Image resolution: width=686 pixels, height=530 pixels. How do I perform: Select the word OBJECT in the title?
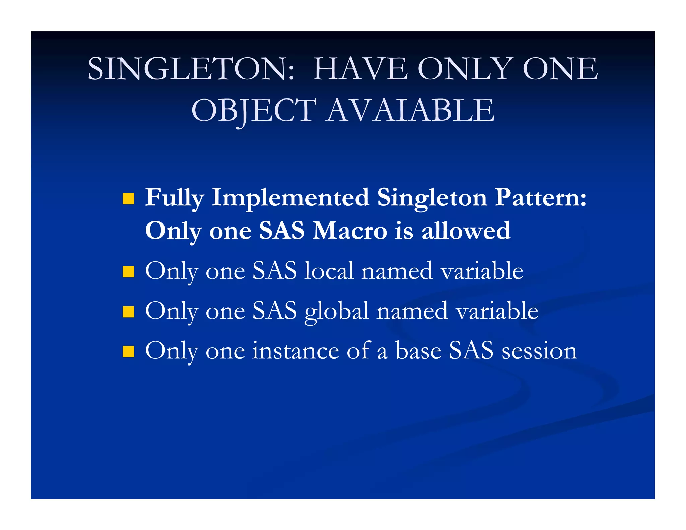click(x=254, y=111)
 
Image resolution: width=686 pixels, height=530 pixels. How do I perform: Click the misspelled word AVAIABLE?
click(x=410, y=111)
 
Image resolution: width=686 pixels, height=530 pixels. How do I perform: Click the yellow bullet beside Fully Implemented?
click(x=128, y=198)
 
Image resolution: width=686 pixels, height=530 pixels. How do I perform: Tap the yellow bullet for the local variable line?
click(x=128, y=272)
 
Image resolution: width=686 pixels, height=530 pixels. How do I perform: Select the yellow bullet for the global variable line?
click(x=128, y=312)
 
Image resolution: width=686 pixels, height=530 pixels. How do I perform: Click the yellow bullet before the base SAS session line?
click(x=128, y=352)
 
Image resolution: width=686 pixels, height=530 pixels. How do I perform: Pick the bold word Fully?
click(x=174, y=198)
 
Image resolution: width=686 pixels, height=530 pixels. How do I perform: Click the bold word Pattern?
click(x=541, y=198)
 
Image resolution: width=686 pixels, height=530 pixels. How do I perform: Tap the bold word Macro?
click(x=349, y=231)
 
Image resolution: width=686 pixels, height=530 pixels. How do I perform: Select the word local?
click(x=329, y=271)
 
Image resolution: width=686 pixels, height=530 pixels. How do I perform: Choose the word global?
click(x=337, y=311)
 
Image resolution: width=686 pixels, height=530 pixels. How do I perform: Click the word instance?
click(x=295, y=351)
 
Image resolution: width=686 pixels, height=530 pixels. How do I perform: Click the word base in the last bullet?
click(x=418, y=351)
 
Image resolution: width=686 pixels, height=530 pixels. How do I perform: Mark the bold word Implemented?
click(x=290, y=198)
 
